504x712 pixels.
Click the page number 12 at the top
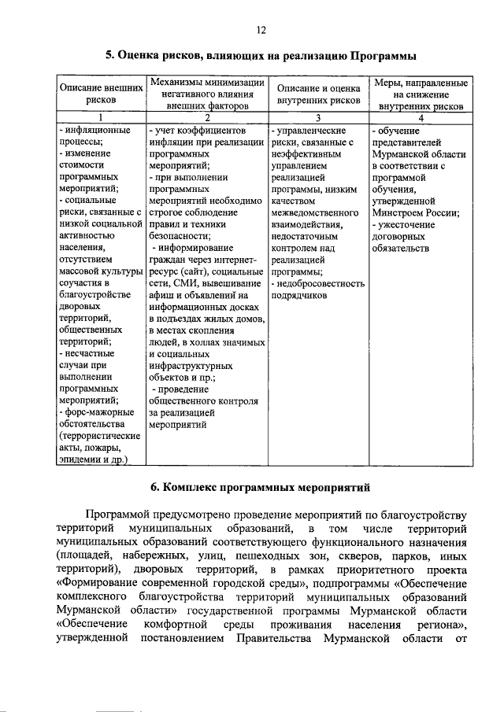tap(261, 30)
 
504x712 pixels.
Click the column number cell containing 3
tap(318, 116)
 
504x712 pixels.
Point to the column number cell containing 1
tap(102, 116)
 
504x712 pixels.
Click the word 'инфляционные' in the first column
tap(94, 129)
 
